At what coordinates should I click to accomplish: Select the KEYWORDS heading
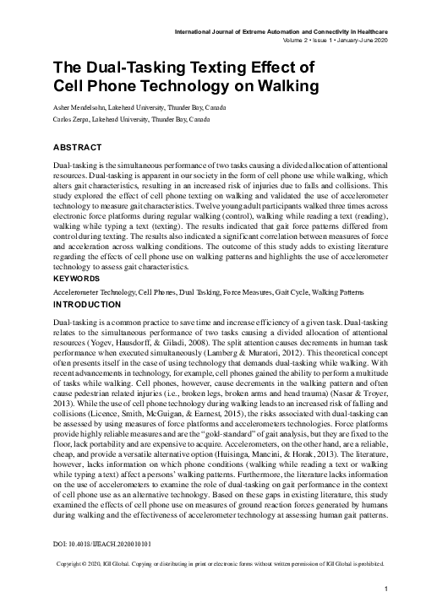[x=78, y=299]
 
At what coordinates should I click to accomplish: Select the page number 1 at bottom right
[x=385, y=589]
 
